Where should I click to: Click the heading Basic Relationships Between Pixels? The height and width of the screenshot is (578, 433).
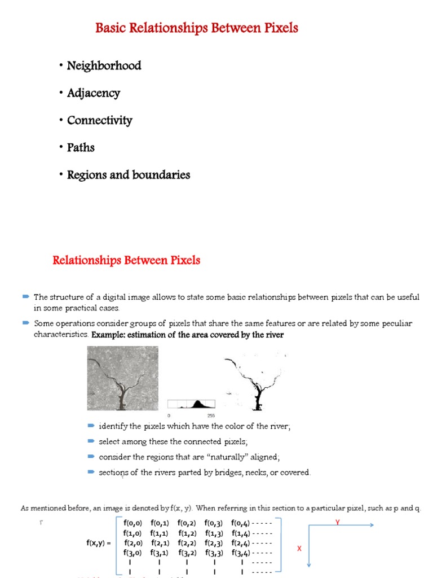click(x=197, y=28)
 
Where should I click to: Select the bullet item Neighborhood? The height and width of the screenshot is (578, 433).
click(x=104, y=66)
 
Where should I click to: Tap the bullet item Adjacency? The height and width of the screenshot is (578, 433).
click(x=94, y=93)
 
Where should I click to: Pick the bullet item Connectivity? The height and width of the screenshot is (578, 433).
click(x=100, y=120)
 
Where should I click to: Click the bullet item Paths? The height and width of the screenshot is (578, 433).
click(x=81, y=148)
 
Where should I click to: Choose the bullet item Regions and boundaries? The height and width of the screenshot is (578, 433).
click(x=129, y=175)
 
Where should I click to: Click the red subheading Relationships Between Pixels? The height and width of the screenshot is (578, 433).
click(x=126, y=261)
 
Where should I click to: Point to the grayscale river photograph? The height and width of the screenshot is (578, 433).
click(x=122, y=378)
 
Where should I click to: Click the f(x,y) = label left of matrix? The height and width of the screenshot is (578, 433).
click(x=99, y=543)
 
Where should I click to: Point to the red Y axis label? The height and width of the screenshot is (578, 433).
click(x=338, y=523)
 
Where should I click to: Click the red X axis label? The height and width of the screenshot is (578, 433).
click(x=299, y=548)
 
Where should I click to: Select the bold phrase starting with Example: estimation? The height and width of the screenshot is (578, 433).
click(x=188, y=335)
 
